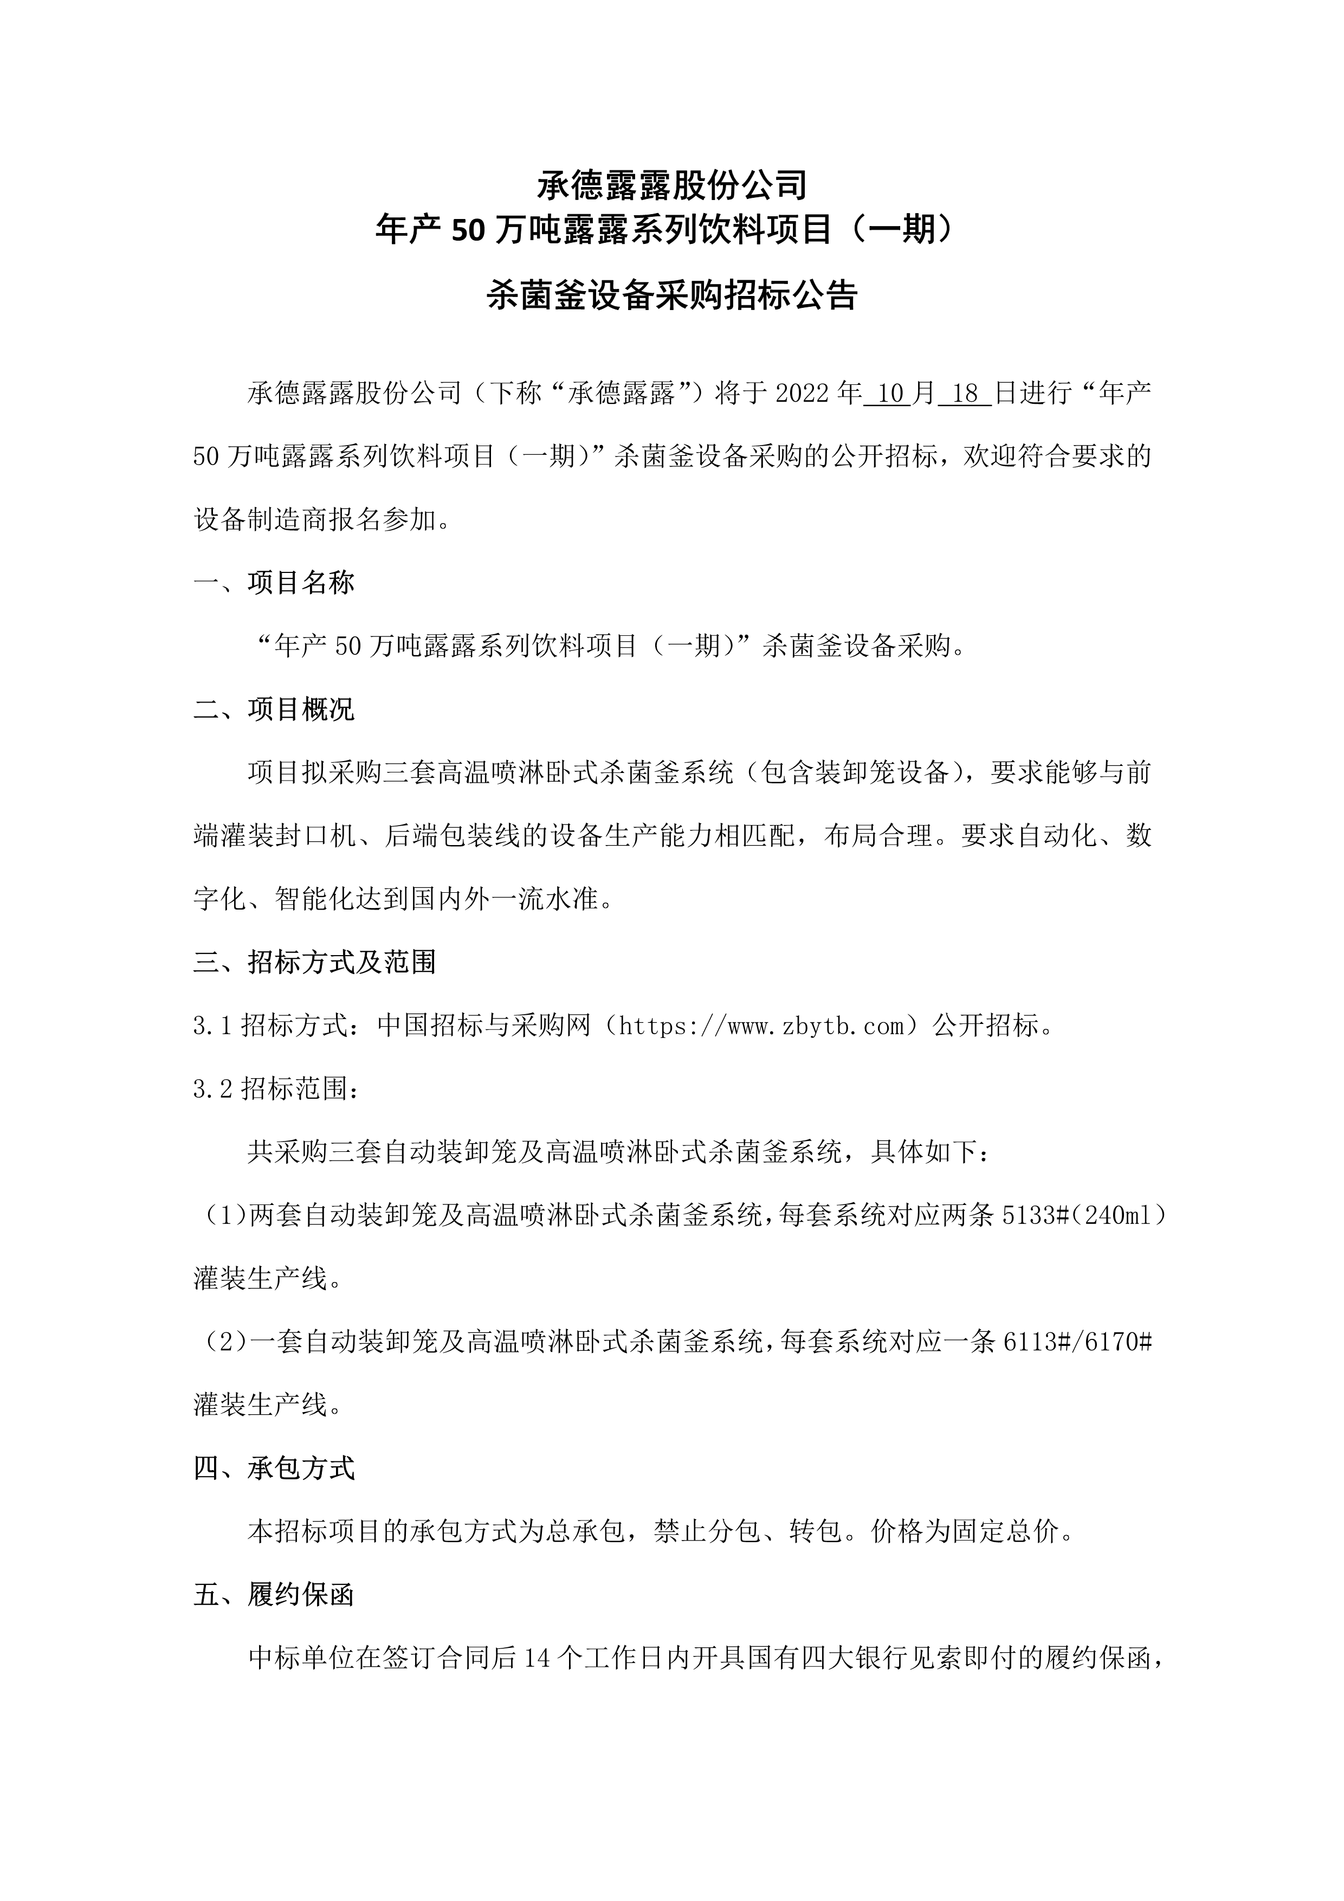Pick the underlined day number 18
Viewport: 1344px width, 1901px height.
click(966, 394)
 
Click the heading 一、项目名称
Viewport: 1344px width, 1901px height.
click(274, 583)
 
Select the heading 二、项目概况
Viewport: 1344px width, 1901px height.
click(274, 710)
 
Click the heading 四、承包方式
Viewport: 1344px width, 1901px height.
click(274, 1469)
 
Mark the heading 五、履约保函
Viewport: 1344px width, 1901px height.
click(274, 1595)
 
